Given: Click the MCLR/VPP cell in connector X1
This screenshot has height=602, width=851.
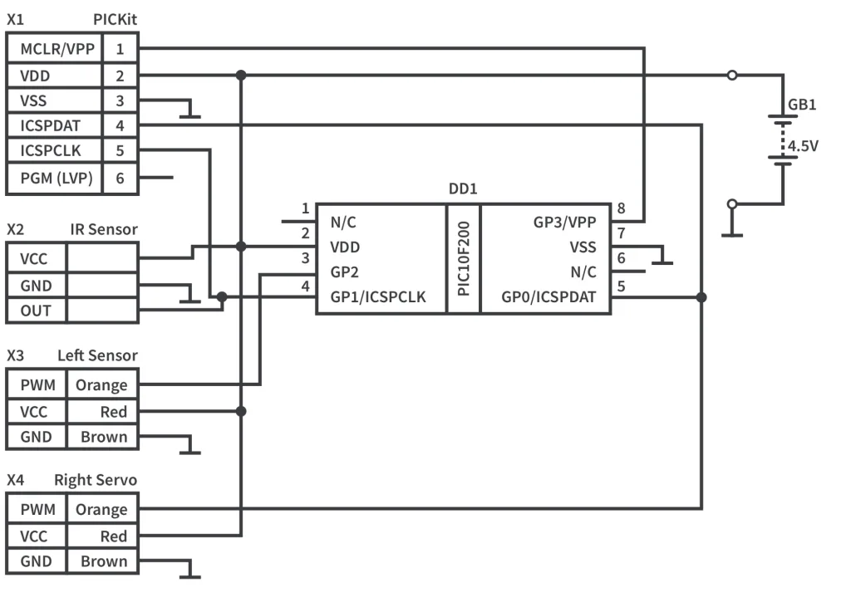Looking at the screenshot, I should tap(55, 48).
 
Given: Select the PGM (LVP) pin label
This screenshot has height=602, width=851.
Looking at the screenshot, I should tap(55, 178).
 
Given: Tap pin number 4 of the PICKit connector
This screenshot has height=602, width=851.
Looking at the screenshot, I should tap(121, 126).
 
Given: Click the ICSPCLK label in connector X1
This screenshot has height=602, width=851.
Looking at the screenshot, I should tap(50, 152).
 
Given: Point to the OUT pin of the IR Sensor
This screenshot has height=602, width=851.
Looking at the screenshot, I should tap(36, 311).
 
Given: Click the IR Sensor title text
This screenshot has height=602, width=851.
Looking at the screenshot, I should tap(104, 229).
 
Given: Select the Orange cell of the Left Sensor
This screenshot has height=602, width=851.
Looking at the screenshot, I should tap(101, 385).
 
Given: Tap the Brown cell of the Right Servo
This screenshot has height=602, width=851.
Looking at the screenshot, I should tap(104, 561).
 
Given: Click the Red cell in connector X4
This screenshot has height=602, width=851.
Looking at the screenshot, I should tap(113, 536).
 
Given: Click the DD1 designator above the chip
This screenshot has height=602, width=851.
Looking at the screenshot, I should tap(463, 189).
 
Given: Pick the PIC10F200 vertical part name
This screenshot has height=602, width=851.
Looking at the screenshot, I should tap(464, 259).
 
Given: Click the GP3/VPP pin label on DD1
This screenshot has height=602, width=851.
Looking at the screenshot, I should tap(564, 223).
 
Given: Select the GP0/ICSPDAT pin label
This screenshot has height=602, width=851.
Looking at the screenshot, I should tap(548, 297).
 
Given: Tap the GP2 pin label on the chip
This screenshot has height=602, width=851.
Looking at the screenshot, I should tap(345, 272).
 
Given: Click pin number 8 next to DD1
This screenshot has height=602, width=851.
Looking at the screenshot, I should tap(621, 208).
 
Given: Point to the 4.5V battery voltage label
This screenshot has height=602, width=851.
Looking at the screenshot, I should tap(804, 146).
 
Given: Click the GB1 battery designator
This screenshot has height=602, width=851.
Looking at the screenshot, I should tap(802, 105).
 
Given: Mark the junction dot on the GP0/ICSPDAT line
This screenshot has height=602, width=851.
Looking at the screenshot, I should tap(701, 297).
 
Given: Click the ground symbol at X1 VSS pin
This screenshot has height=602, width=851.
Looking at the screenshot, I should tap(191, 113).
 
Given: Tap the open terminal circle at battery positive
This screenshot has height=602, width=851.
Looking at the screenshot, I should tap(731, 75).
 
